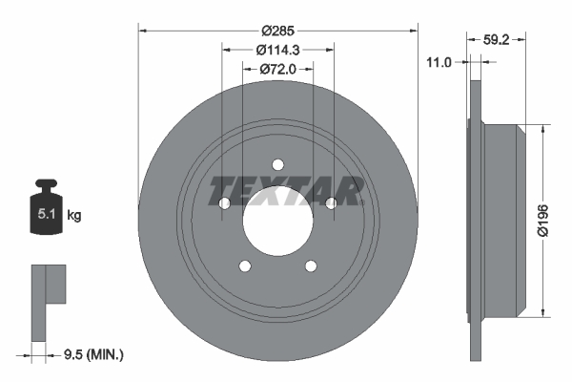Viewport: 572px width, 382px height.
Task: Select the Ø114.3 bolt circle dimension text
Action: pos(278,50)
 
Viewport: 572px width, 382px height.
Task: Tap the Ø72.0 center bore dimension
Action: pos(278,69)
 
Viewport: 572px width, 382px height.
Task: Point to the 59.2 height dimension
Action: pos(495,41)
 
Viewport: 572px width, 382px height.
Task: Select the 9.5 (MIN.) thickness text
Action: pos(90,355)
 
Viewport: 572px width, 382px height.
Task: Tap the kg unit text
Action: pos(74,216)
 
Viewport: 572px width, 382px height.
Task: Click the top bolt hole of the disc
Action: pos(277,163)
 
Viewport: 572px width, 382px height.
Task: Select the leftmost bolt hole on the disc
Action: pos(224,203)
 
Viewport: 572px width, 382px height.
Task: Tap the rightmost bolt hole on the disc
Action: pos(332,202)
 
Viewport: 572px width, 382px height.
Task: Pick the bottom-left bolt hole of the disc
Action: pos(245,265)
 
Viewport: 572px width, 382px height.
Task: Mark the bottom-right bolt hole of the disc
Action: pos(312,265)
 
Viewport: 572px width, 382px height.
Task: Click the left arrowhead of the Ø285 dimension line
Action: pos(144,30)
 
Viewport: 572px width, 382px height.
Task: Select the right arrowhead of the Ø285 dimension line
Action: pos(413,30)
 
